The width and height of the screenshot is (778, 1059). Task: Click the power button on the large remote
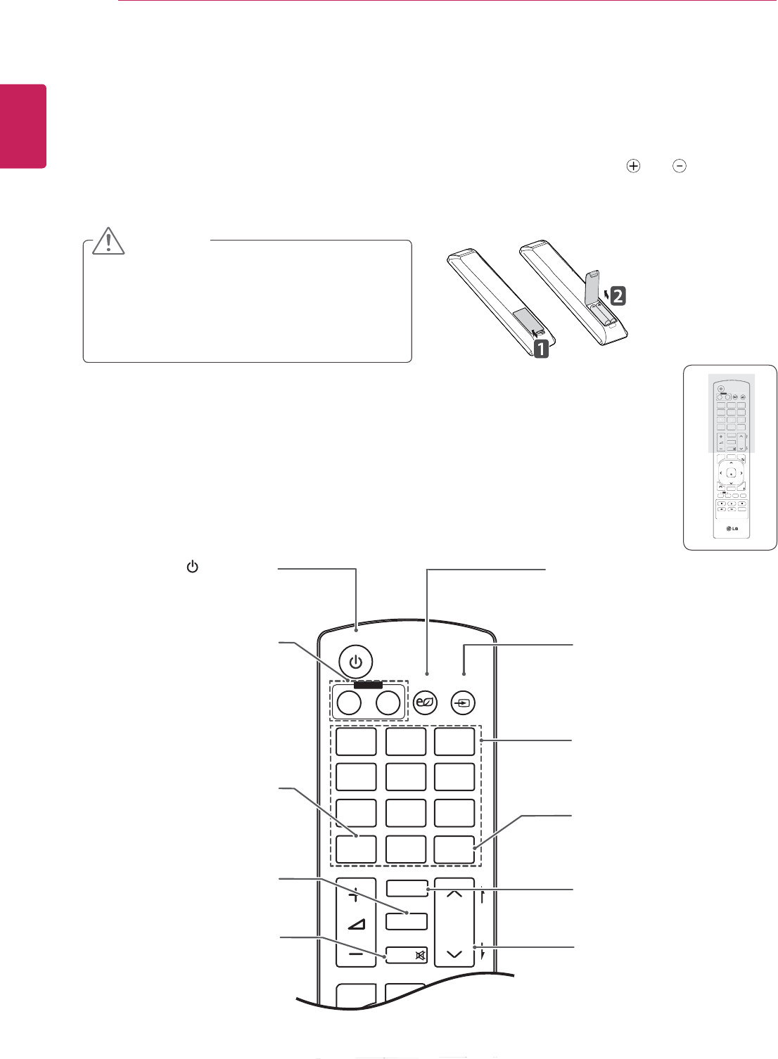pos(356,662)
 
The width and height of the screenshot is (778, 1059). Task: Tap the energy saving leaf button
pos(426,702)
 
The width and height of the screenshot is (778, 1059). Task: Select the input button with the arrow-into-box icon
pos(463,702)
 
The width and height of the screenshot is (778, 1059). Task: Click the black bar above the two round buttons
pos(368,684)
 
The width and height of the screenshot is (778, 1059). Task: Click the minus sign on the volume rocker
pos(356,954)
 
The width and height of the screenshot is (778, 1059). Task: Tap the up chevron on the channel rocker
pos(454,894)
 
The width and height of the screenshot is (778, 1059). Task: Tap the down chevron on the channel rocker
pos(454,954)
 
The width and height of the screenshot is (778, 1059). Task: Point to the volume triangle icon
pos(356,924)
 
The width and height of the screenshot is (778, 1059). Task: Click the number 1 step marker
pos(540,348)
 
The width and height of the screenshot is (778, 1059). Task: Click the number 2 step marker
pos(616,296)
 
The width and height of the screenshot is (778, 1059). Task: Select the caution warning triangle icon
pos(108,241)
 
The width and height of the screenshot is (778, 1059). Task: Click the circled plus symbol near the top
pos(634,167)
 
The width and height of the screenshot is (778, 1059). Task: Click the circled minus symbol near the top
pos(680,167)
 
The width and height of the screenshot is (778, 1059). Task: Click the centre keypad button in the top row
pos(406,742)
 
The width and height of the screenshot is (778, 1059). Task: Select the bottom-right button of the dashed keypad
pos(454,849)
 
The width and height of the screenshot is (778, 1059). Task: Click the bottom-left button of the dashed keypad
pos(356,849)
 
